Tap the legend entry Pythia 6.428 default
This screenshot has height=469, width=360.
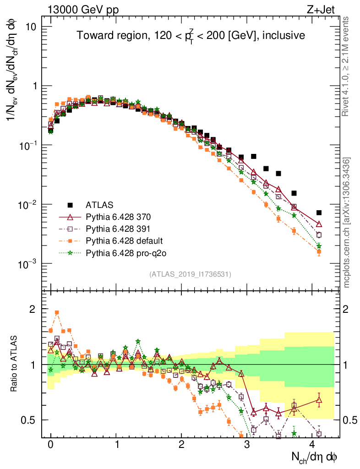coord(124,240)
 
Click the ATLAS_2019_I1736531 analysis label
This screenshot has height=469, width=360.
coord(190,274)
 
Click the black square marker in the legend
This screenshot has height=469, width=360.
coord(70,204)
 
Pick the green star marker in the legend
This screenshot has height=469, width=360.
coord(70,252)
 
